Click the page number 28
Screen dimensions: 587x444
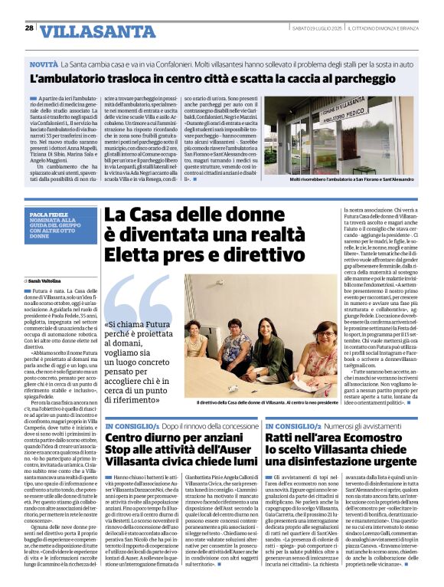29,28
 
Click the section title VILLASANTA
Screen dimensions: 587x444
87,31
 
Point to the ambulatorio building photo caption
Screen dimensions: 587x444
341,179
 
